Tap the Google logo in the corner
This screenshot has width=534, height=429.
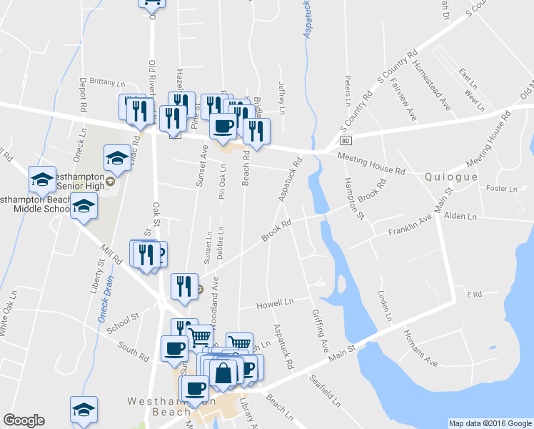tap(24, 420)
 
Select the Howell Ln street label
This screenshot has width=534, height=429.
tap(275, 305)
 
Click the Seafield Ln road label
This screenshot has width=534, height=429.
tap(325, 389)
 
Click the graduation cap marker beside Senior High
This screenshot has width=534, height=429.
tap(118, 159)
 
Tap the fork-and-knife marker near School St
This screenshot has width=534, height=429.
tap(185, 286)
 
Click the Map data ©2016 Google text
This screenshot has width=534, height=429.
tap(490, 423)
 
